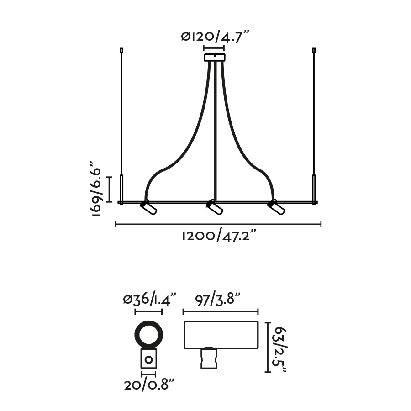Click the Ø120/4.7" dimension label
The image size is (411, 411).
point(215,37)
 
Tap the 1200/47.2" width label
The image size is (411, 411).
point(219,236)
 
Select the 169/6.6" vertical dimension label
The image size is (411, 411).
point(95,189)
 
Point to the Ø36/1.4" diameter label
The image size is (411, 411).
point(149,299)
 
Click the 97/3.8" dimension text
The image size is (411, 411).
point(218,299)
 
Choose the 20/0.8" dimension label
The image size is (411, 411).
point(149,385)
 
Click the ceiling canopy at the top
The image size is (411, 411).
point(215,58)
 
